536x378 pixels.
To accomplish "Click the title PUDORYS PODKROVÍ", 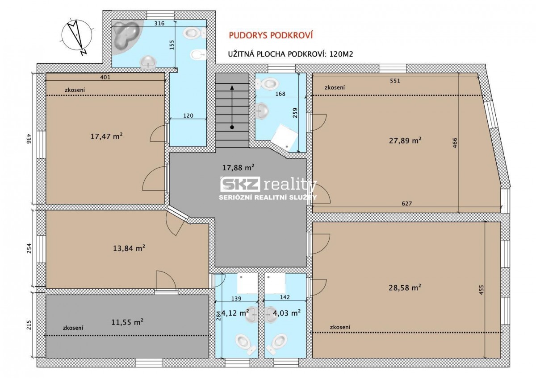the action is pos(271,35).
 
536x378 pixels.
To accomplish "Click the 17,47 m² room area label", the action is pos(106,136).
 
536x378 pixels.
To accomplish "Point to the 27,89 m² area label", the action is pos(405,140).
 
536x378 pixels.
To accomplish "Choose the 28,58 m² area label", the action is pos(405,288).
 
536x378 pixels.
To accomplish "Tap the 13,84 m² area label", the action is pos(129,248).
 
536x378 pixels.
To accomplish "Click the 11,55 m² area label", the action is pos(127,322).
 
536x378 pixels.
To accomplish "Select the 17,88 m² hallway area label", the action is pos(238,168).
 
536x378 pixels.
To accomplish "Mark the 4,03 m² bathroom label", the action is pos(287,312).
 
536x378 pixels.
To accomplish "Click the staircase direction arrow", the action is pos(232,107).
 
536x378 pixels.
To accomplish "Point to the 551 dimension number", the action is pos(395,81).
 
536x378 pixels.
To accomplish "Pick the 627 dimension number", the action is pos(407,203).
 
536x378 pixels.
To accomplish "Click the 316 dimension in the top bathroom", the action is pos(159,23).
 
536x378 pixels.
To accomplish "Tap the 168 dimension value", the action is pos(280,94).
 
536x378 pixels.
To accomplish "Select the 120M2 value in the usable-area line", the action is pos(341,54).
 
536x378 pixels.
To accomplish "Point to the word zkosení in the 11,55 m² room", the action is pos(73,328).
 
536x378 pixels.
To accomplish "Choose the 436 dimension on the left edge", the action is pos(29,139).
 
